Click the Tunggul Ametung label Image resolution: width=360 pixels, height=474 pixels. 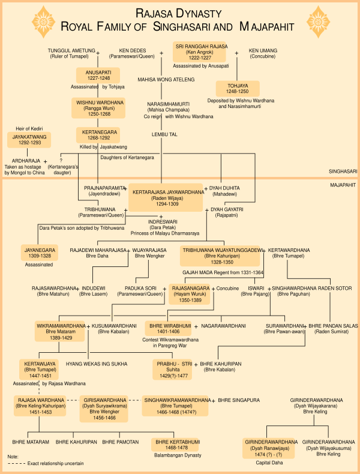(x=68, y=51)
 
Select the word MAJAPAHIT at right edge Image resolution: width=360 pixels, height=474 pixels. (x=343, y=185)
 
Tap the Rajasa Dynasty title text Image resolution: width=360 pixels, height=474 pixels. (x=180, y=12)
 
